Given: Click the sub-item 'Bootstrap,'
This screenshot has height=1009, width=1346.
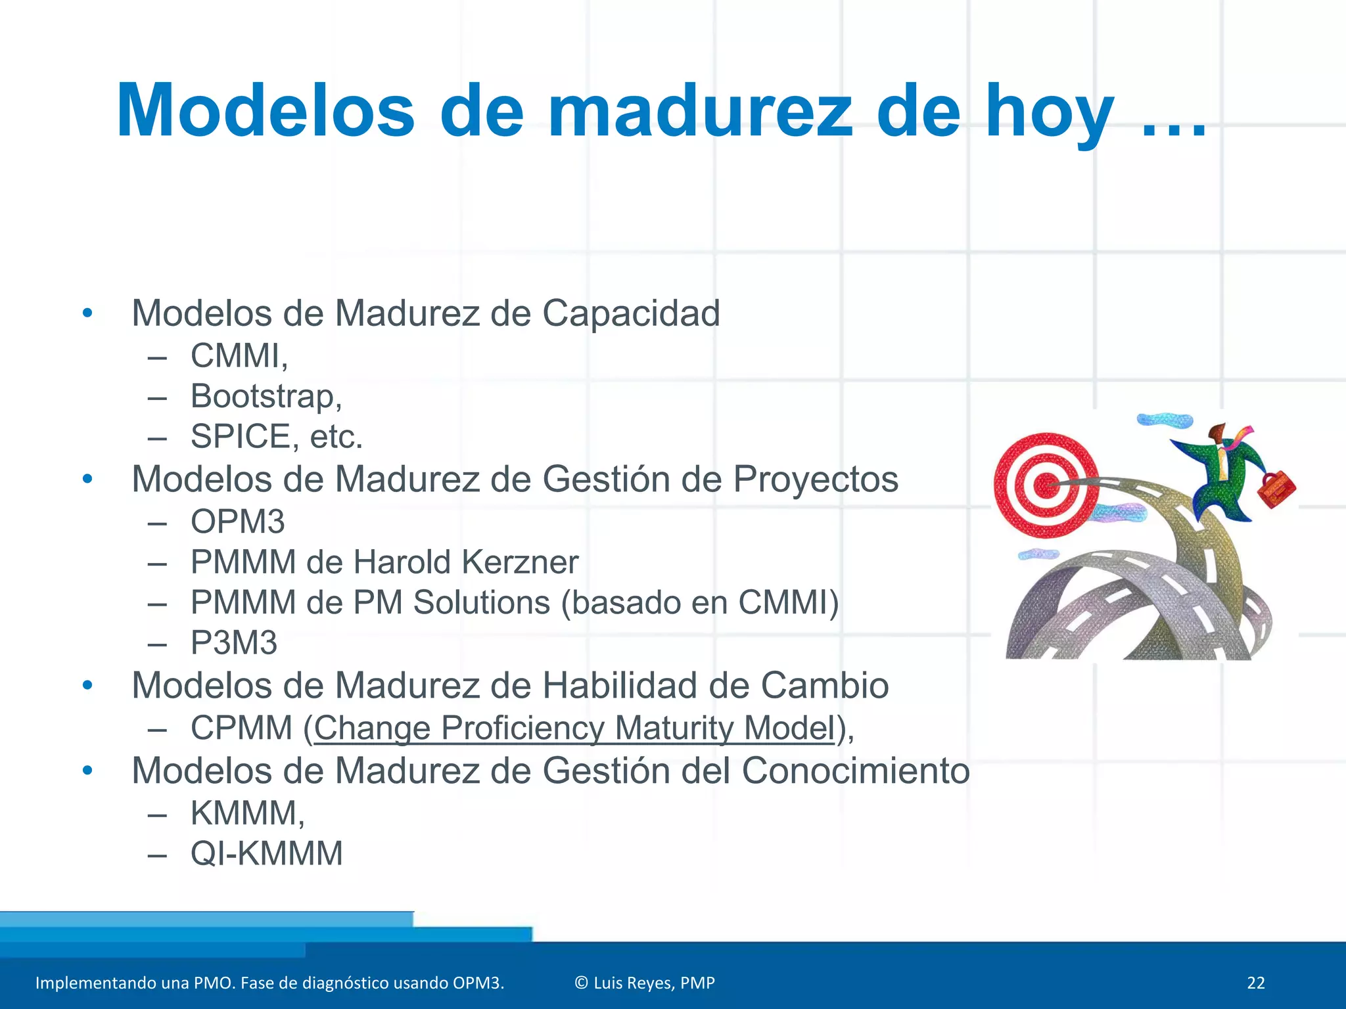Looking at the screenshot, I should point(266,397).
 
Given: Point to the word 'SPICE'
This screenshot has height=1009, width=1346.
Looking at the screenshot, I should point(241,437).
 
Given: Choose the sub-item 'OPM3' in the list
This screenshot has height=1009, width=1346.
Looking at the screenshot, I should point(237,522).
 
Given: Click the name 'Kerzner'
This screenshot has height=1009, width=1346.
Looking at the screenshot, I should point(520,562).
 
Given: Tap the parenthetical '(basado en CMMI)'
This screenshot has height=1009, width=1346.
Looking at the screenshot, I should point(700,603).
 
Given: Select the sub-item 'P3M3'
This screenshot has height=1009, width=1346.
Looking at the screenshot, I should point(233,643).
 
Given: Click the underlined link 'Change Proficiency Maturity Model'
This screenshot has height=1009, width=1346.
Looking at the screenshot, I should point(574,729).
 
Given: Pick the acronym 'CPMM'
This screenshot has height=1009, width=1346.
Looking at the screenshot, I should point(241,729).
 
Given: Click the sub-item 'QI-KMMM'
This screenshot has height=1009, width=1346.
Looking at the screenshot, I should point(266,854).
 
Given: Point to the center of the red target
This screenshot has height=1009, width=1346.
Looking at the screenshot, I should point(1044,487).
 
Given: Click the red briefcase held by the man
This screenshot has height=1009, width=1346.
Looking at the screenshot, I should point(1276,489).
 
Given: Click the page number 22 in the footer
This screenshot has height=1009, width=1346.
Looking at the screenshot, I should point(1255,983).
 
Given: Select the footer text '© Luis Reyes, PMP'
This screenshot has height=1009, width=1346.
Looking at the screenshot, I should point(644,983).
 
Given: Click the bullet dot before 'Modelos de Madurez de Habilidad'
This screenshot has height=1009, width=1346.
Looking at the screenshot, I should point(87,686).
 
